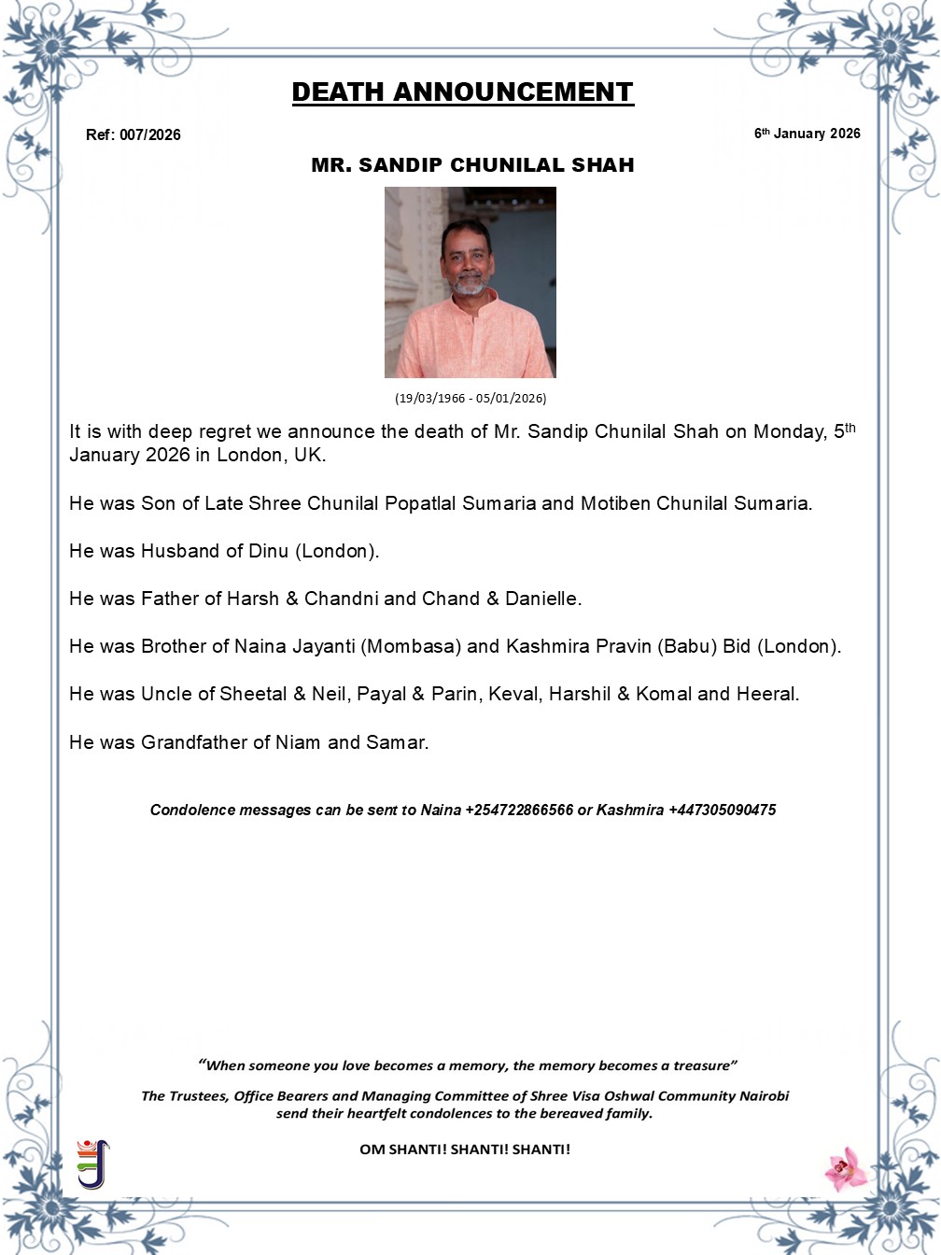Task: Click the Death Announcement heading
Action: pos(462,92)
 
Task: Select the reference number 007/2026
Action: pos(149,134)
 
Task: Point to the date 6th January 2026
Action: pos(807,134)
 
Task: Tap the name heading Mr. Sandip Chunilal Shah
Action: pos(472,165)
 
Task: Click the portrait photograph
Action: pos(470,282)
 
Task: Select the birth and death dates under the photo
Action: pos(470,398)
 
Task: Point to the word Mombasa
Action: pos(409,646)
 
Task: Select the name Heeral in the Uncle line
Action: pos(766,694)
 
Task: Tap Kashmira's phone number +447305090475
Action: pos(722,811)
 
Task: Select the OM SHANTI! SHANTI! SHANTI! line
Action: pos(465,1149)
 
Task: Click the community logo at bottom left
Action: pos(92,1163)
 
